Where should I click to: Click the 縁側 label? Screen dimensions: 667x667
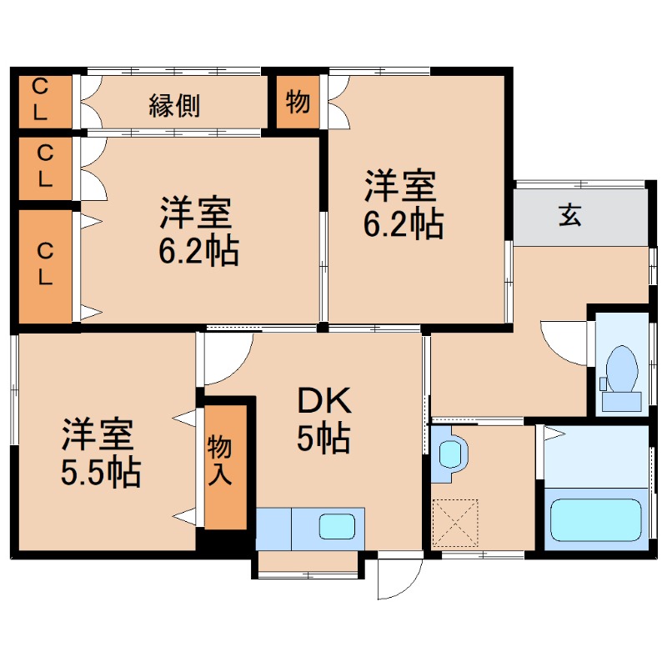tap(174, 105)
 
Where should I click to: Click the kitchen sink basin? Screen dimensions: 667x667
tap(336, 527)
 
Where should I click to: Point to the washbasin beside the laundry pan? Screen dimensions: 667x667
tap(450, 454)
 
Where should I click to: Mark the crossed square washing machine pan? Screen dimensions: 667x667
tap(455, 521)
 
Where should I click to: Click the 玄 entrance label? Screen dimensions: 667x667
tap(569, 215)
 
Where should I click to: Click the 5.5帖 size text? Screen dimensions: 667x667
tap(99, 473)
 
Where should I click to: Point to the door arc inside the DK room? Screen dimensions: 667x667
tap(223, 354)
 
